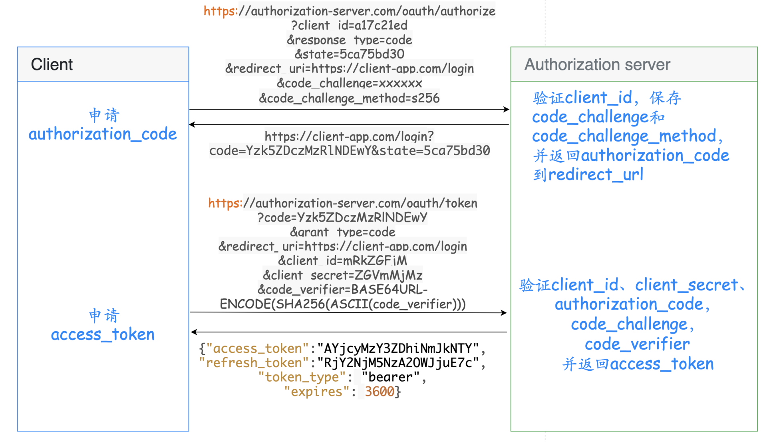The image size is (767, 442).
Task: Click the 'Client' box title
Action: (52, 64)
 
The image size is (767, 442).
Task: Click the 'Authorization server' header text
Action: (597, 64)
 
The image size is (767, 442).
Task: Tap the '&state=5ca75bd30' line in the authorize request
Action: (350, 54)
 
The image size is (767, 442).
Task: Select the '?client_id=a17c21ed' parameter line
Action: (350, 25)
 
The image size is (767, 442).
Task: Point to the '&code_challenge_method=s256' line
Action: (350, 98)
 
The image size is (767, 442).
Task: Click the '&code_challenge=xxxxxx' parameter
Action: (350, 83)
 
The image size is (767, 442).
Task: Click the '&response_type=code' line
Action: (350, 40)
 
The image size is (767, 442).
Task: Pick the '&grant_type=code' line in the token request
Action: (343, 232)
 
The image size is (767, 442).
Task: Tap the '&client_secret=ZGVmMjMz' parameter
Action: (343, 275)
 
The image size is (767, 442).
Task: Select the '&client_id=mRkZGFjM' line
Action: (343, 261)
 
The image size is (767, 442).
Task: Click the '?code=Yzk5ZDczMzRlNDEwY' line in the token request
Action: (343, 218)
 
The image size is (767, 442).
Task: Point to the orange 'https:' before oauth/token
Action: (225, 203)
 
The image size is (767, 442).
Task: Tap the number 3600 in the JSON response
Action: (380, 392)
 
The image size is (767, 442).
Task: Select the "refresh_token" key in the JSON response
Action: (254, 363)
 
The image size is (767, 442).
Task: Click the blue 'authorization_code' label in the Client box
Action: (103, 134)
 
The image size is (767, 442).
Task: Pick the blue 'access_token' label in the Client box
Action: (103, 334)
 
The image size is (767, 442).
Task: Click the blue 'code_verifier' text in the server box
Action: (637, 344)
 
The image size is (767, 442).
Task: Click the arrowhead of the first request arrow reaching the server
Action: (507, 109)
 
